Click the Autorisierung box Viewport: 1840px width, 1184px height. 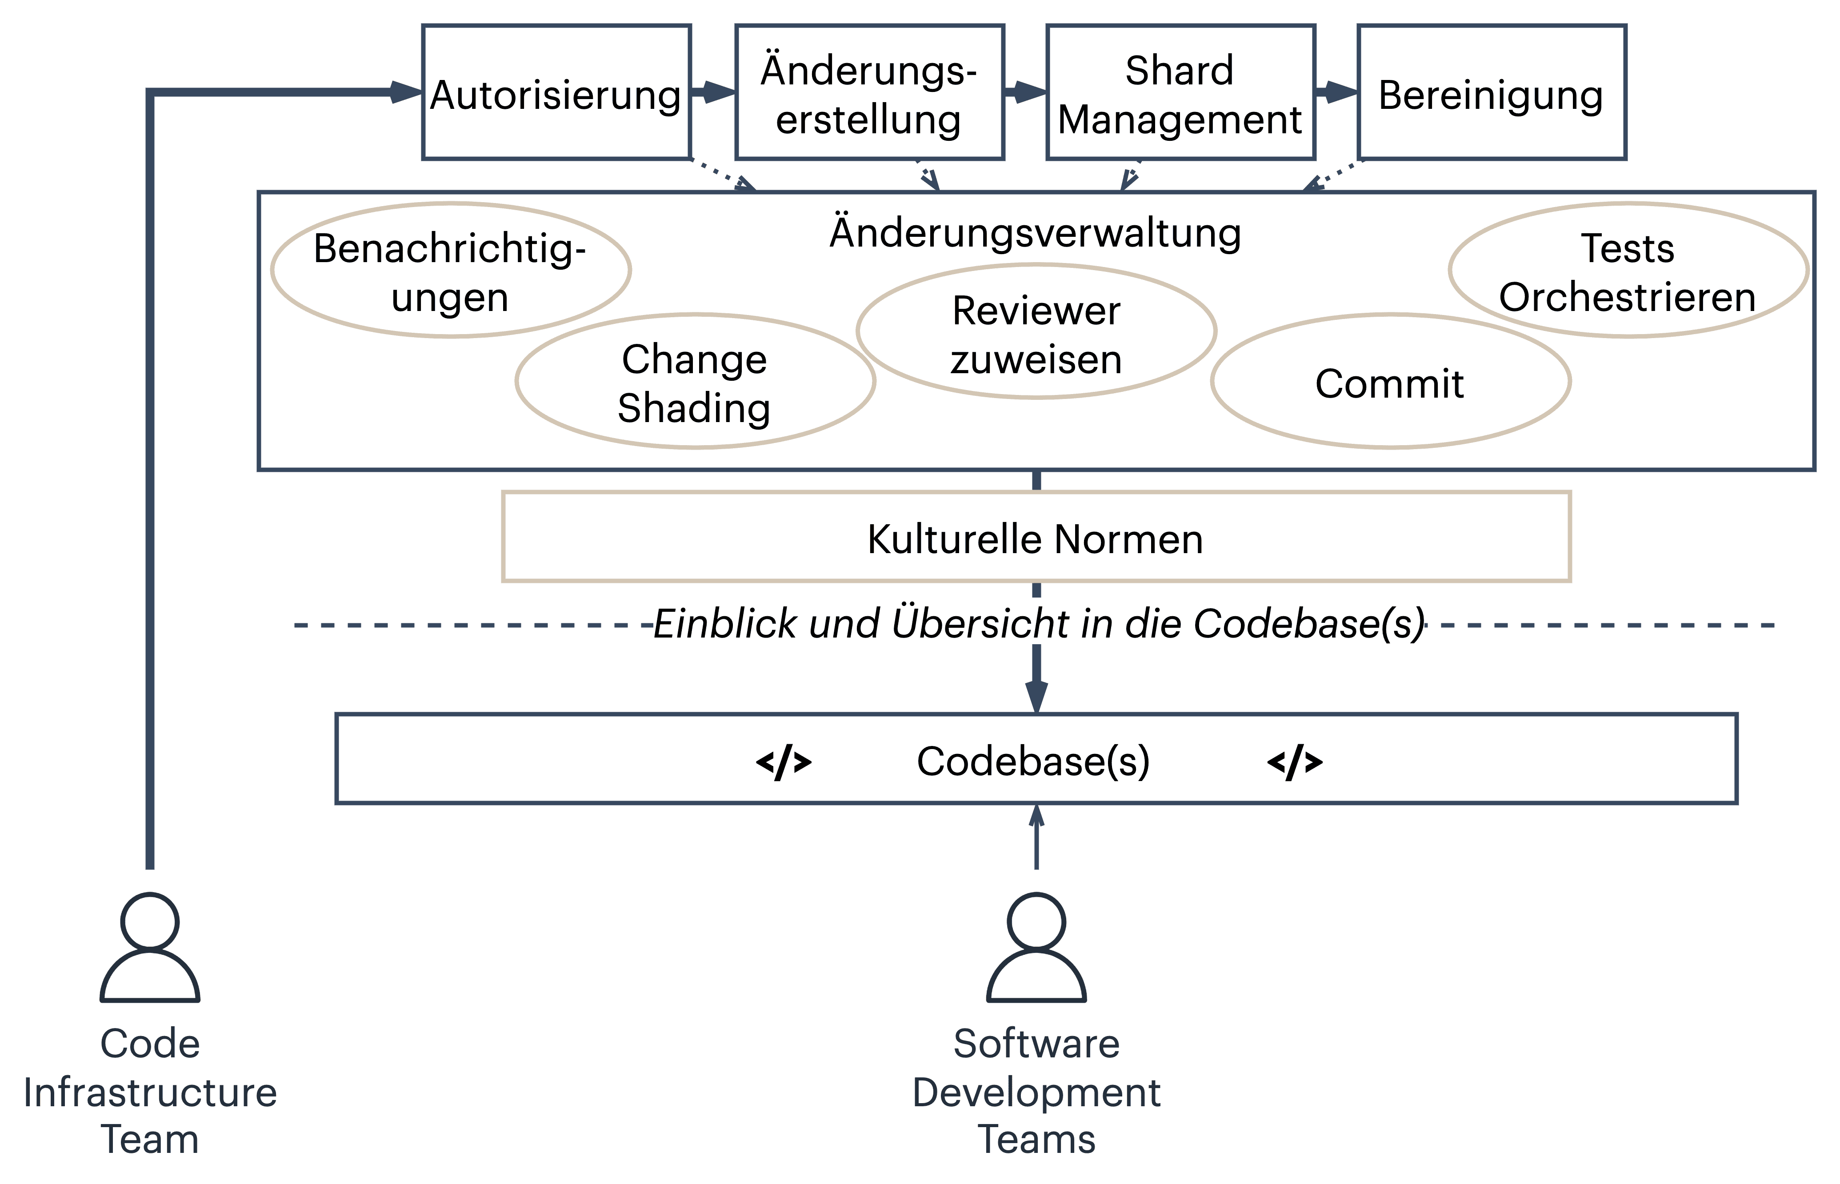[556, 92]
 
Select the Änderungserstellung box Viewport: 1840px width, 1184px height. [869, 92]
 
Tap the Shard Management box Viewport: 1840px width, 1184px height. [1180, 92]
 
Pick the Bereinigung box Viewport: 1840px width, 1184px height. [1491, 92]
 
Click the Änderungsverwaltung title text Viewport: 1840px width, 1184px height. [1035, 232]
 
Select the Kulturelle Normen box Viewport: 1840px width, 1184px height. [1035, 538]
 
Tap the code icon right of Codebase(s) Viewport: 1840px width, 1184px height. [1295, 762]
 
